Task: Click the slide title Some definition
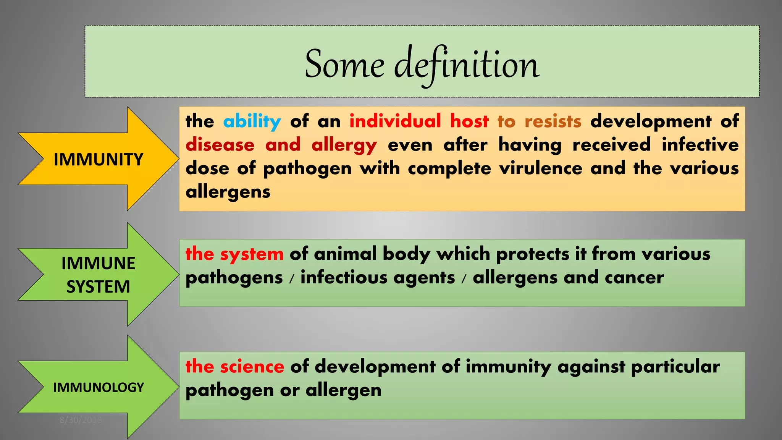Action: (x=422, y=65)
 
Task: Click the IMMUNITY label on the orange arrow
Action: (x=98, y=159)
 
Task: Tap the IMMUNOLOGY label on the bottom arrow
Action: (x=98, y=387)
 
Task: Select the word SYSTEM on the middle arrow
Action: (x=98, y=287)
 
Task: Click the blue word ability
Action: (x=252, y=122)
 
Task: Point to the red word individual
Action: (x=395, y=121)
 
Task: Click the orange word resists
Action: (x=553, y=121)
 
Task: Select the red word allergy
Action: (x=344, y=146)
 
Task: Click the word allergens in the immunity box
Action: (x=228, y=192)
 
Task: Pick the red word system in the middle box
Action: (x=252, y=254)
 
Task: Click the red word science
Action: (x=252, y=367)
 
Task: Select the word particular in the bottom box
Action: (x=675, y=367)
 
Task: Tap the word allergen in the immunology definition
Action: (x=343, y=390)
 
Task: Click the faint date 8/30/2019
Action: (x=81, y=420)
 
